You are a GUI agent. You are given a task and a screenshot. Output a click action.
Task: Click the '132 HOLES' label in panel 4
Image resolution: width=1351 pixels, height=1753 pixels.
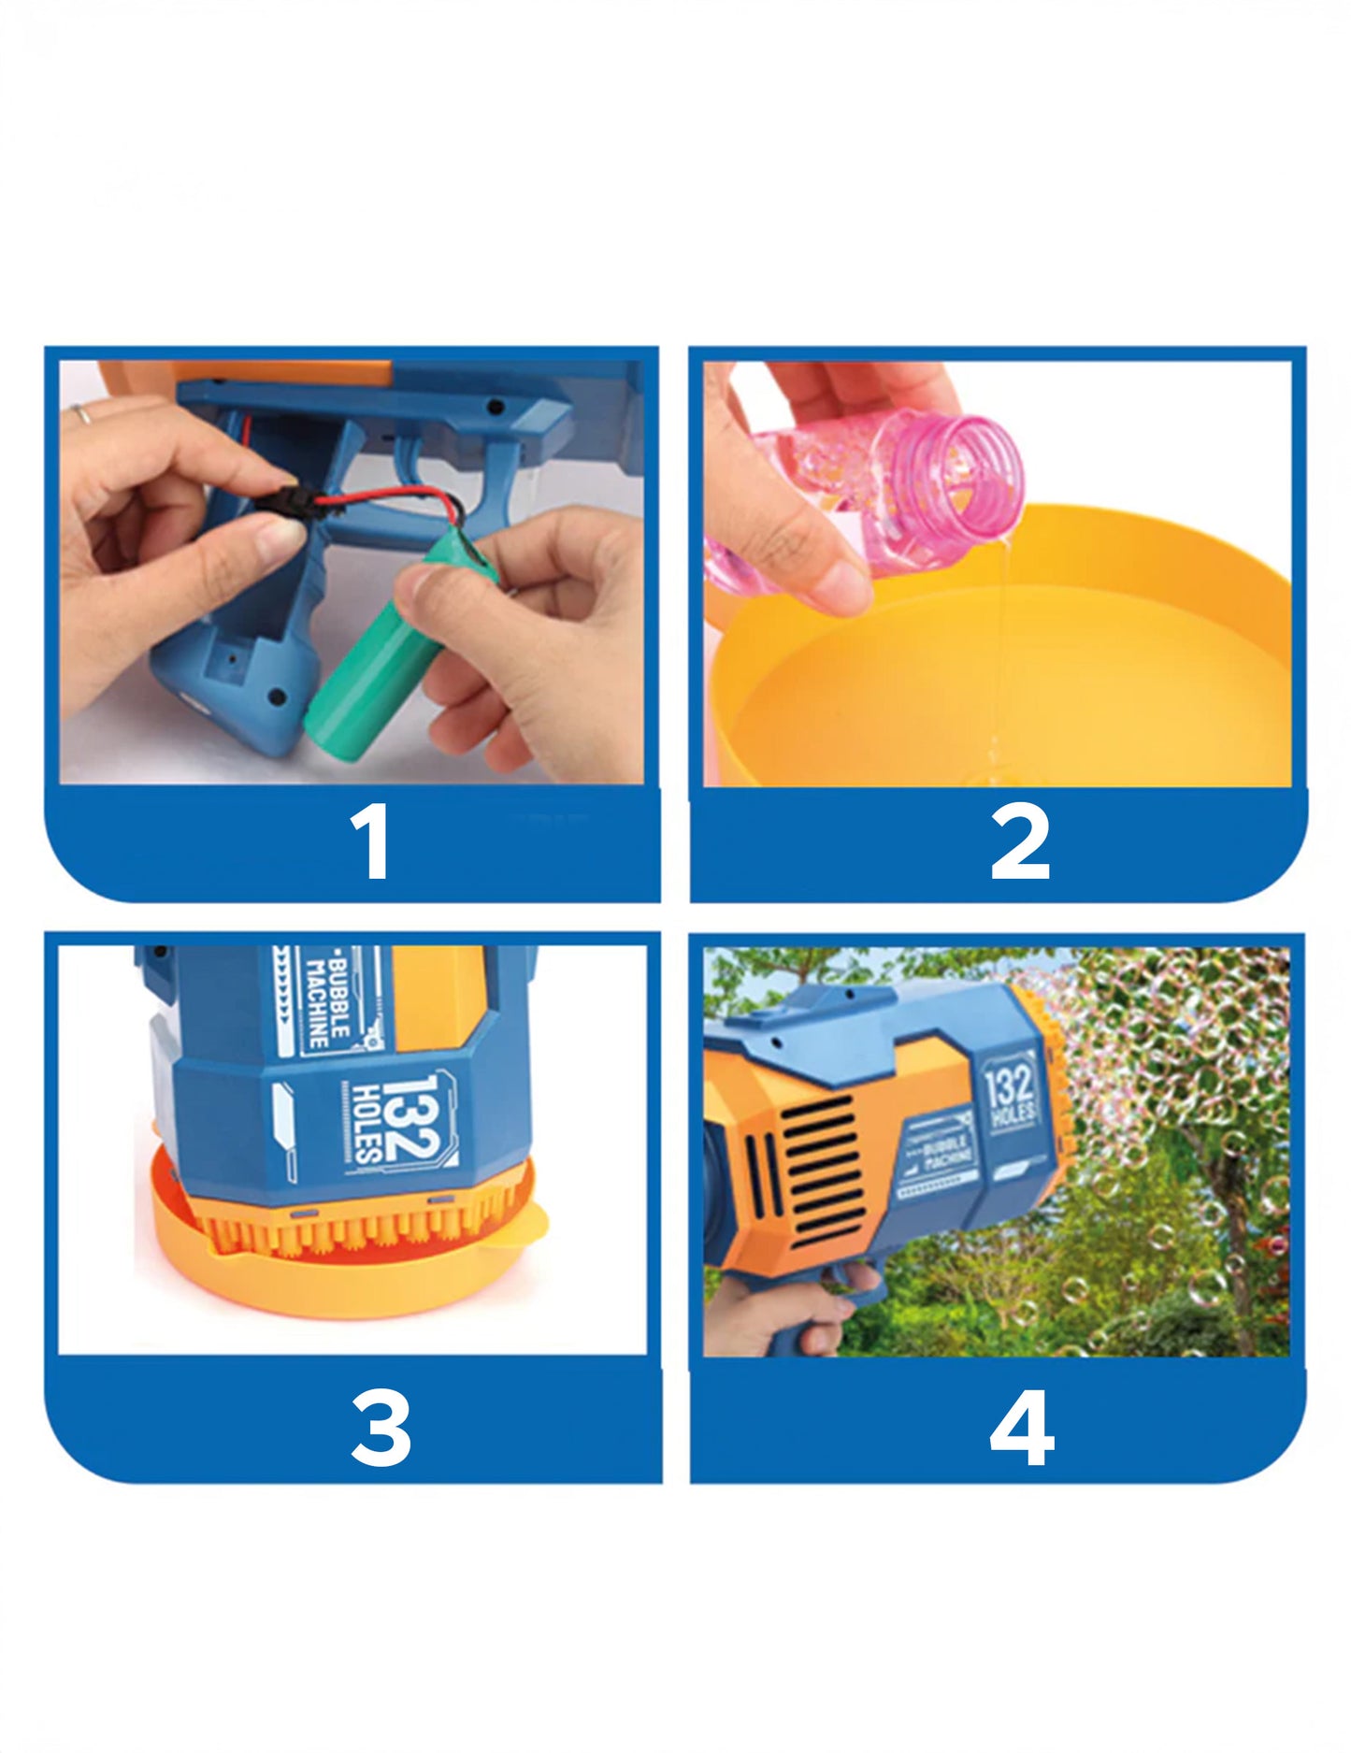(x=1010, y=1090)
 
